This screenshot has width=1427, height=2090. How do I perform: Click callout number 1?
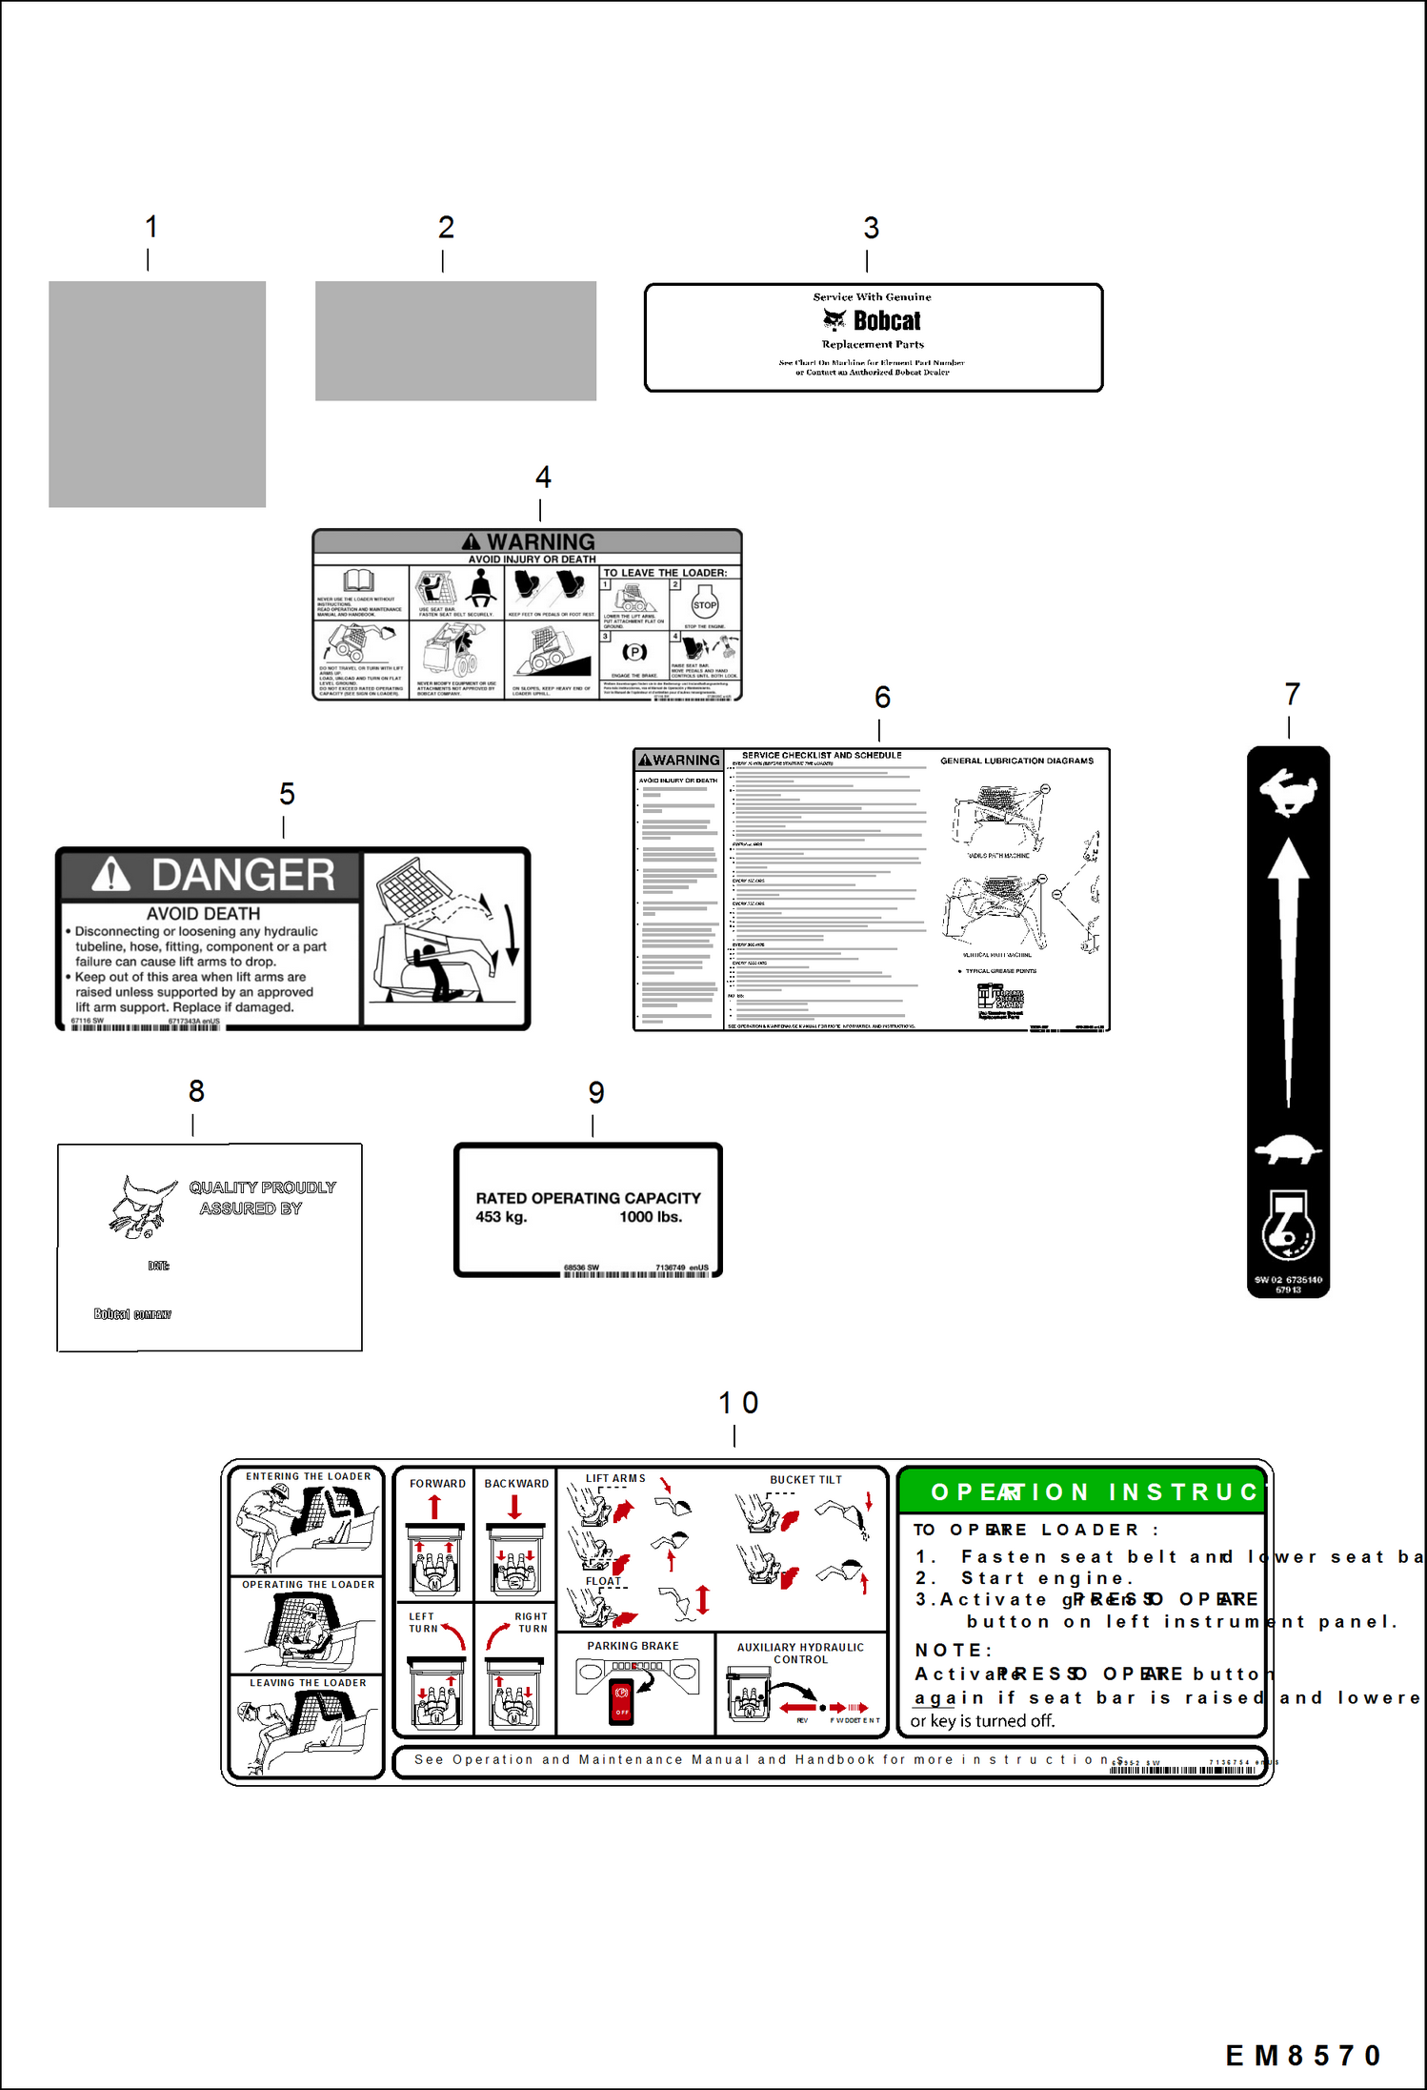pos(151,227)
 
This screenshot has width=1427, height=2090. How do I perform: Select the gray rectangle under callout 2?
pos(455,340)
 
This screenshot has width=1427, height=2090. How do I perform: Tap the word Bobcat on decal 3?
pos(886,320)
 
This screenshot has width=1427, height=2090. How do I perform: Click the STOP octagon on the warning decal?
pos(705,605)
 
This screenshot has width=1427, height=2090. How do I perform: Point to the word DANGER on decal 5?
pos(243,875)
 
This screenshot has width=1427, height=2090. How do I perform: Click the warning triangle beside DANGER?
pos(111,874)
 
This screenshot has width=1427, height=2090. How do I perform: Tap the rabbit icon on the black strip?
pos(1288,791)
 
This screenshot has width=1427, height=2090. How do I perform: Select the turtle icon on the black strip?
pos(1288,1149)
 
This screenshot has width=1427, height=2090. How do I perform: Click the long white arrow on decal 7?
pos(1288,972)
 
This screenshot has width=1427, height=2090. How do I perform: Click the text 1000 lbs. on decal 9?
pos(651,1217)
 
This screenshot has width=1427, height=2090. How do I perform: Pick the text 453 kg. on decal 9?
pos(501,1217)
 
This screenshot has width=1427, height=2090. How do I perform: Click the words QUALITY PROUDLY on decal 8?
pos(262,1187)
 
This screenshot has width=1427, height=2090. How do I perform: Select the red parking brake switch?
pos(621,1702)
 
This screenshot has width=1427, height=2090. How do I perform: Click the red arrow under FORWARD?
pos(434,1507)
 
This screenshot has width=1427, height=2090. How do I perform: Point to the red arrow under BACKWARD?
pos(515,1507)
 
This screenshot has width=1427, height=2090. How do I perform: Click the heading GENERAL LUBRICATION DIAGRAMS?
pos(1016,761)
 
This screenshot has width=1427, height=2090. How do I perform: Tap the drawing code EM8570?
pos(1302,2056)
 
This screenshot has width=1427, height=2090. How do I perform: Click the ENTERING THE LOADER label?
pos(308,1476)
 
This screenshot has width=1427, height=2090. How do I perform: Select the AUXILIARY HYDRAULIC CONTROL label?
pos(800,1653)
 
